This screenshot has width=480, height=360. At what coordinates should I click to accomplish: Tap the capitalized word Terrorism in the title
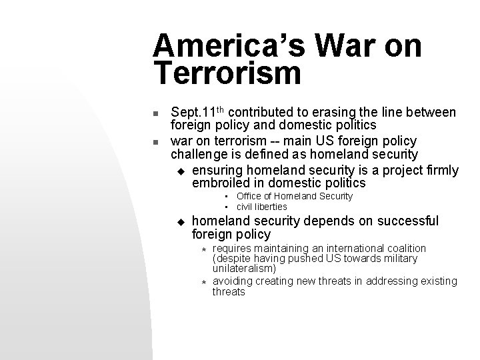tap(227, 73)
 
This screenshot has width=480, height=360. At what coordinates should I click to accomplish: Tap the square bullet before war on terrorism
tap(156, 142)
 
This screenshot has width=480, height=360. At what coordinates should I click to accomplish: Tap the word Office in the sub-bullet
tap(249, 196)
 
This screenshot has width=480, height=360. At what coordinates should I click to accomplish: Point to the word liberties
tap(272, 206)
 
